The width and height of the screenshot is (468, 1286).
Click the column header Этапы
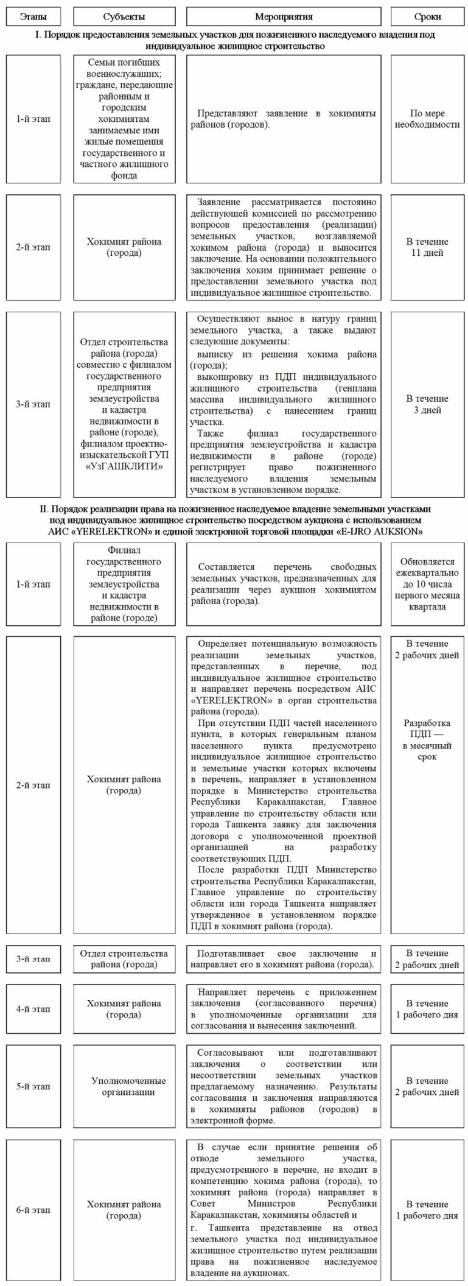point(33,16)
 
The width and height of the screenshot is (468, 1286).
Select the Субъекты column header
point(124,16)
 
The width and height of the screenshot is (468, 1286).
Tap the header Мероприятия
point(284,16)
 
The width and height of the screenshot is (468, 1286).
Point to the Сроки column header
point(427,16)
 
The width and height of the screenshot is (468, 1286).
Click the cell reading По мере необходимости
point(427,119)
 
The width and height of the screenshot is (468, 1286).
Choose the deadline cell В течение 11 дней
point(427,247)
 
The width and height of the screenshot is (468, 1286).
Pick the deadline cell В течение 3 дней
point(427,404)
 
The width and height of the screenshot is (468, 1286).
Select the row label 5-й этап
point(33,1086)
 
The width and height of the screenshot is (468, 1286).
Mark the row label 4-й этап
point(33,1009)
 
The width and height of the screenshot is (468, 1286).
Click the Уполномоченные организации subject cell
point(128,1086)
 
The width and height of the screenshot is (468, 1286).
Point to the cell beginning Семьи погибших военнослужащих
point(124,119)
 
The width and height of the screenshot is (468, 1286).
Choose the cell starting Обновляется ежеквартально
point(427,584)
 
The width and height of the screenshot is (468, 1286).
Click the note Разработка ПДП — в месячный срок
point(427,740)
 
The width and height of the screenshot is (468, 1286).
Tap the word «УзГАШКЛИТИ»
point(124,466)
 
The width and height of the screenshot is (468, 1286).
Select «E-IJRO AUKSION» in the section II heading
point(379,532)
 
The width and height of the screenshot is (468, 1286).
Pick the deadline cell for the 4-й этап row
point(427,1009)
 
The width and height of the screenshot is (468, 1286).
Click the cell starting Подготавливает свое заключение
point(284,959)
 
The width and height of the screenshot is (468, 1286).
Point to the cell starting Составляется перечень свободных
point(284,584)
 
